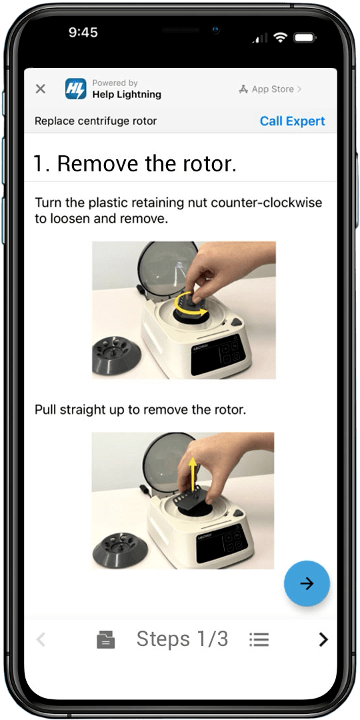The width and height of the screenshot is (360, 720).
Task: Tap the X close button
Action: [41, 89]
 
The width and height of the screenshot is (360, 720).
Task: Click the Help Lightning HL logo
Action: [75, 89]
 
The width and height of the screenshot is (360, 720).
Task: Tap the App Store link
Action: [270, 89]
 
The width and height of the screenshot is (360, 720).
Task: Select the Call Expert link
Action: [293, 121]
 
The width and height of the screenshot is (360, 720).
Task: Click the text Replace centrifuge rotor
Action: [95, 121]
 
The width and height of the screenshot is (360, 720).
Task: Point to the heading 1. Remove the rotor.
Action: [135, 163]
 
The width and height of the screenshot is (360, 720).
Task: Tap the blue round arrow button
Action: [307, 583]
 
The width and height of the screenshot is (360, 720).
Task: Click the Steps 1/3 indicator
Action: [182, 639]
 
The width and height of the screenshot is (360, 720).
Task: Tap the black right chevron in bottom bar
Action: [324, 639]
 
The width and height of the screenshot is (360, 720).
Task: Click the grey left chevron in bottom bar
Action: [41, 639]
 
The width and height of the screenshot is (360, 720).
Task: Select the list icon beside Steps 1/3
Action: [259, 639]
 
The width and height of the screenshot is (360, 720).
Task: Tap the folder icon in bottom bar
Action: [105, 639]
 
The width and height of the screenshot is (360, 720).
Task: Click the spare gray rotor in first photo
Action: [117, 355]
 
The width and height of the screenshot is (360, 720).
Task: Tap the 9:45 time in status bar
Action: [83, 32]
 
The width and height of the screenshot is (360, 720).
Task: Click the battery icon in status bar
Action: [304, 37]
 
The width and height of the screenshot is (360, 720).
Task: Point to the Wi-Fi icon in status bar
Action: [279, 37]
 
